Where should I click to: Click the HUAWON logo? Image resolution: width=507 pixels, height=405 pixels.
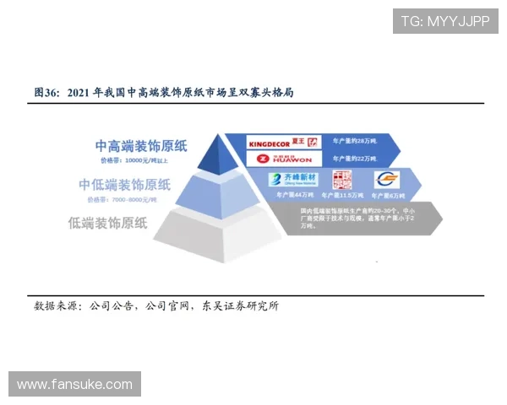pos(284,159)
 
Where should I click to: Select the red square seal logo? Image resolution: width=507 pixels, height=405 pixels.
pos(340,179)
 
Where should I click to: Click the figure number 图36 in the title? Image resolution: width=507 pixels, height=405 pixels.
pos(45,91)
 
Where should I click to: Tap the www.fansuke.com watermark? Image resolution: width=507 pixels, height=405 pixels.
pos(74,385)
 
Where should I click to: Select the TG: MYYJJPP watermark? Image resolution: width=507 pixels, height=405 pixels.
pos(445,21)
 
